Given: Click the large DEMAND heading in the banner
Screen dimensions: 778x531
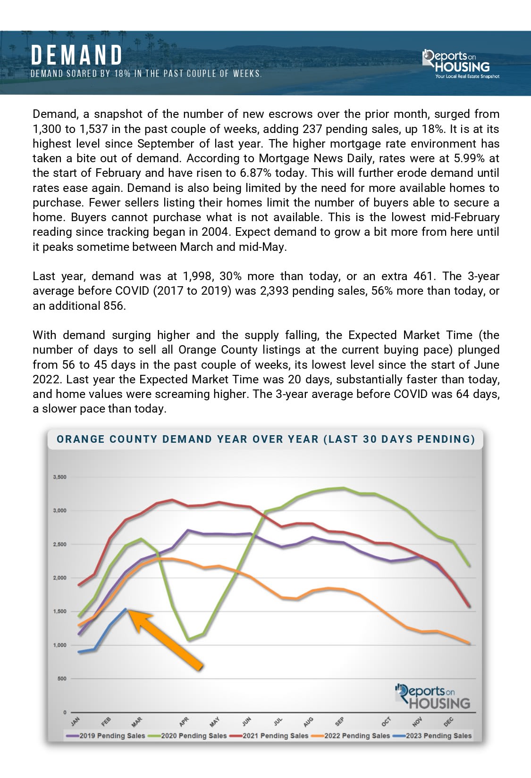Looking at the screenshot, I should (x=77, y=56).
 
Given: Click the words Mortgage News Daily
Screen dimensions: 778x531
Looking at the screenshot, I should (x=300, y=158).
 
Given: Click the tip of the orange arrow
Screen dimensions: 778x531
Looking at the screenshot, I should (x=130, y=612).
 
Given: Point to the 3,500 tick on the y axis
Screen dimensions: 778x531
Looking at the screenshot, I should (x=59, y=477).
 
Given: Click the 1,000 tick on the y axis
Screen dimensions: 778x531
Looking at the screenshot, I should (x=59, y=645).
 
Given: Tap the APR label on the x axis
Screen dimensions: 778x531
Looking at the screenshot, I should (x=184, y=721).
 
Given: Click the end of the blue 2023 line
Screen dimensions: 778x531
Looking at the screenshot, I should (x=126, y=609).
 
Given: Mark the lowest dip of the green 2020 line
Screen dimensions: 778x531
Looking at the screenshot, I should (x=189, y=640).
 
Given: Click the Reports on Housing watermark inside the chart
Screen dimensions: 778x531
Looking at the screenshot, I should (x=433, y=697).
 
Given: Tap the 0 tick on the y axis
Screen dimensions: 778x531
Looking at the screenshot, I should (x=65, y=712).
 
